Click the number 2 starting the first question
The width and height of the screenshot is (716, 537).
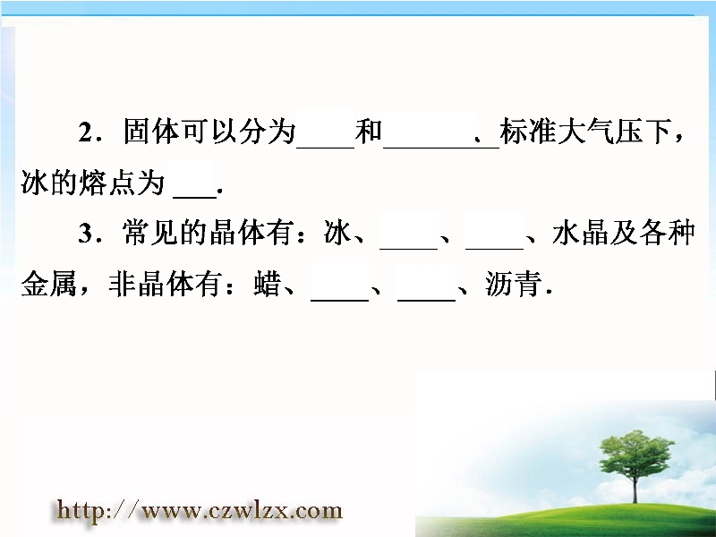tap(85, 132)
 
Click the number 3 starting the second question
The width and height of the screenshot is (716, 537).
tap(85, 234)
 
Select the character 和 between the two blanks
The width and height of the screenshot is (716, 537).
tap(369, 132)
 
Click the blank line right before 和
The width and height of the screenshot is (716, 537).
tap(326, 148)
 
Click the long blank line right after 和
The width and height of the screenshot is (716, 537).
tap(441, 148)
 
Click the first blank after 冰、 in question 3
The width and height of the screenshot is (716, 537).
tap(409, 249)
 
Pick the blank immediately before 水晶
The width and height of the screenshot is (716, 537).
tap(495, 249)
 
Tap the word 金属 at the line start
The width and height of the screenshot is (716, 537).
tap(49, 284)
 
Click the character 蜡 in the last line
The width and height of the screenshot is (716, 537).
tap(268, 284)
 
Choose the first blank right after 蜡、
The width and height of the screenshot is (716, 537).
tap(339, 300)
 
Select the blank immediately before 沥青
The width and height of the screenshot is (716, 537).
tap(427, 300)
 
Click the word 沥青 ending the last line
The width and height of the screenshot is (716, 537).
tap(513, 284)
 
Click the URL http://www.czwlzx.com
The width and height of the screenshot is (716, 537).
tap(200, 510)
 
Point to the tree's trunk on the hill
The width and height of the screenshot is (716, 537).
tap(635, 488)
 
